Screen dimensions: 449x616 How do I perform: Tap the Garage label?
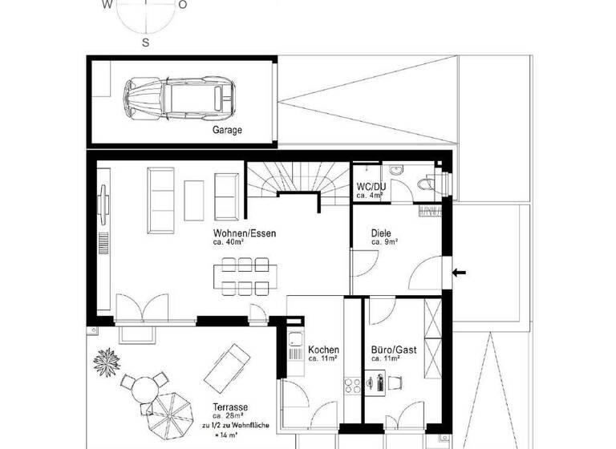[227, 129]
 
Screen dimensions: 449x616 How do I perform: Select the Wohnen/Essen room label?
[245, 233]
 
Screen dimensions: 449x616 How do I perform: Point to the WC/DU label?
[371, 187]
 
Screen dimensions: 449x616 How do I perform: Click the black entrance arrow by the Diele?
[460, 274]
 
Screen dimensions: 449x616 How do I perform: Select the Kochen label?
[323, 350]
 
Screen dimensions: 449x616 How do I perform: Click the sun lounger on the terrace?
[229, 365]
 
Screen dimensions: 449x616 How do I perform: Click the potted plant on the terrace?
[106, 365]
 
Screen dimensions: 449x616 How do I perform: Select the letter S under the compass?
[145, 42]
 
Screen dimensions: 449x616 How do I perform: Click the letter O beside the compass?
[183, 5]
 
